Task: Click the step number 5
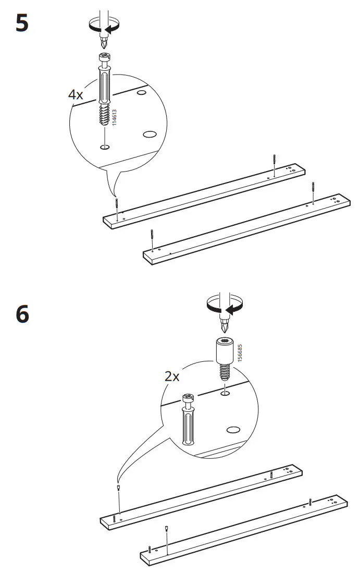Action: click(22, 23)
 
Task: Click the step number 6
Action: click(22, 314)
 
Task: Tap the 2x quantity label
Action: click(172, 375)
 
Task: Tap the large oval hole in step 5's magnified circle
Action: click(150, 134)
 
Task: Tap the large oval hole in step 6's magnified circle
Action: click(233, 429)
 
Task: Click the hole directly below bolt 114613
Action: click(105, 148)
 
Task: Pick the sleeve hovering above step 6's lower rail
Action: click(166, 528)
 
